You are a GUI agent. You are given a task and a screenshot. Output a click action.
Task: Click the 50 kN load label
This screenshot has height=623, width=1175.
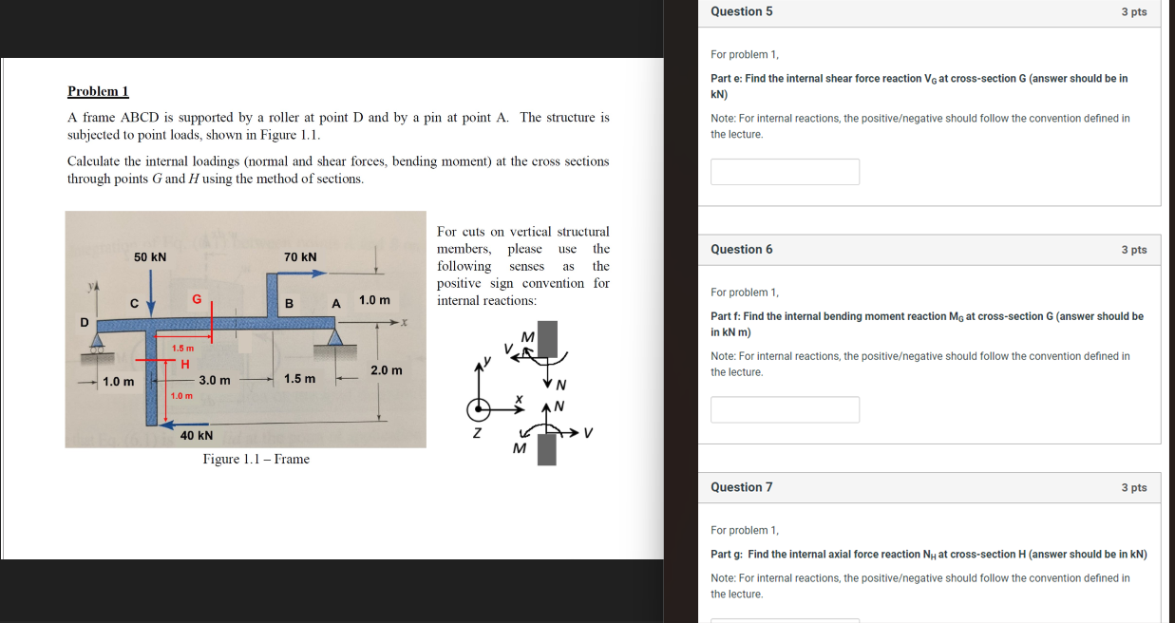150,257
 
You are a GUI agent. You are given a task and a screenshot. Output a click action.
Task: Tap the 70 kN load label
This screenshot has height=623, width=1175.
300,257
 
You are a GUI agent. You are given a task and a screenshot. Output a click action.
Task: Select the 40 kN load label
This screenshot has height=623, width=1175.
197,436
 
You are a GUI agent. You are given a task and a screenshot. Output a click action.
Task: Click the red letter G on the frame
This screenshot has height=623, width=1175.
197,298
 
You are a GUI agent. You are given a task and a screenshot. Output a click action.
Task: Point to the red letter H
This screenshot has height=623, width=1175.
185,364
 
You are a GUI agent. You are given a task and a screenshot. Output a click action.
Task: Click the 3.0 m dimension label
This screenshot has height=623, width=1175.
215,380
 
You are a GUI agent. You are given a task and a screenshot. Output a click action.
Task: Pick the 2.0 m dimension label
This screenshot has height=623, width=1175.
387,369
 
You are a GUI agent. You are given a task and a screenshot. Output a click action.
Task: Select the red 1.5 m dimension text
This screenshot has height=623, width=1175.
183,349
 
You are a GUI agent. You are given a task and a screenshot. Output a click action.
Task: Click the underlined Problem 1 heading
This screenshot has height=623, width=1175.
98,91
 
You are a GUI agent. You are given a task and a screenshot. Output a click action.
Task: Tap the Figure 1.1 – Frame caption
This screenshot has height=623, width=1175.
256,460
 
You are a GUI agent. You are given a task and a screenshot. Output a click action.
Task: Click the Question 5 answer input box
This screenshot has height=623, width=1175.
785,172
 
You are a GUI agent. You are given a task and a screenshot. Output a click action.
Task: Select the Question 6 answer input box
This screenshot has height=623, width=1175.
785,409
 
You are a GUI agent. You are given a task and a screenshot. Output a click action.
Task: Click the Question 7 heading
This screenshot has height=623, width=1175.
741,487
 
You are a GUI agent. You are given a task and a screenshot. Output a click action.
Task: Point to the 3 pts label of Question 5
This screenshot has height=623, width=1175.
1133,12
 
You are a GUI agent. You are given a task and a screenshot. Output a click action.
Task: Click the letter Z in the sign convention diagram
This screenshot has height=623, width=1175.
478,434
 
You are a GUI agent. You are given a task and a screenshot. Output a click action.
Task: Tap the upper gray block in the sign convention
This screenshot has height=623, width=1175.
547,339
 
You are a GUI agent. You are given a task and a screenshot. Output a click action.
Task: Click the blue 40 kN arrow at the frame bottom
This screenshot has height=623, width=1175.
190,424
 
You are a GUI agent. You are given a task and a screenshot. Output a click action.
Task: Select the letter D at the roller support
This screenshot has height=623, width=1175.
84,322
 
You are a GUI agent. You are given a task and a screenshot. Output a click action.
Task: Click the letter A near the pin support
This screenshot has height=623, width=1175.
335,303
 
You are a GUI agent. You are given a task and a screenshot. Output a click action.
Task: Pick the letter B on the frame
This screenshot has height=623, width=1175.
289,303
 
